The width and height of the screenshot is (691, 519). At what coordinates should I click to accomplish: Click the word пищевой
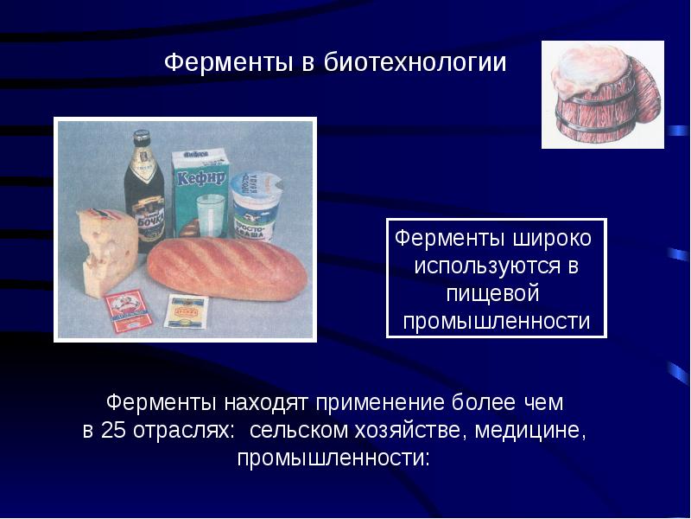[x=497, y=294]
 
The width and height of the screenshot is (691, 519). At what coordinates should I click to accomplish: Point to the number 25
[x=113, y=431]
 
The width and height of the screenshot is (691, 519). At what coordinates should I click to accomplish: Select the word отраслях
[x=182, y=431]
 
